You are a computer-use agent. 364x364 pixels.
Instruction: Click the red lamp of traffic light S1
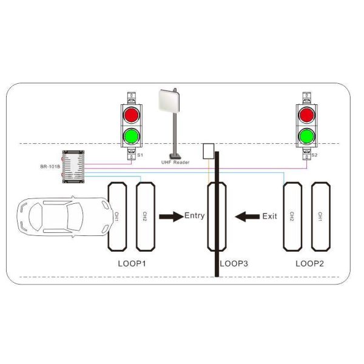(x=132, y=115)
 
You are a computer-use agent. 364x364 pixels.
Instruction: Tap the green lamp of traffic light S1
(x=132, y=135)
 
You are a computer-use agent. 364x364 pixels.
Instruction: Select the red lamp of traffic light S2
(x=306, y=115)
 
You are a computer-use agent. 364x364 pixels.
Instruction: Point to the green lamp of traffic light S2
(x=306, y=135)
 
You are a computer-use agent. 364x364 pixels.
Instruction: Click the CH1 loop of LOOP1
(x=117, y=215)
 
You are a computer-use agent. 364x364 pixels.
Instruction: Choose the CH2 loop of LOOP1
(x=144, y=215)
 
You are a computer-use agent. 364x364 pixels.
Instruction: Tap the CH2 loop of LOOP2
(x=292, y=215)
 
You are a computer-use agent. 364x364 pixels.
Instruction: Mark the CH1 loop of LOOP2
(x=320, y=215)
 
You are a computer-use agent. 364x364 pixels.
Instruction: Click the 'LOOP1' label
(x=132, y=264)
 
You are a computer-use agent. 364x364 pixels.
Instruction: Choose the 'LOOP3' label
(x=234, y=264)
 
